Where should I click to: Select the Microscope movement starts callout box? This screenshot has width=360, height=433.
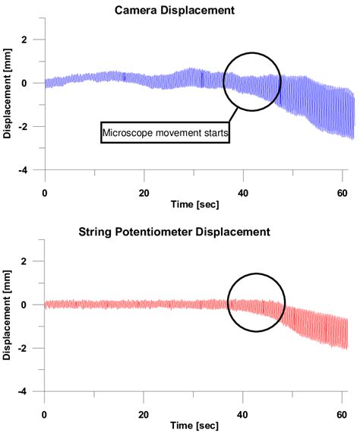pyautogui.click(x=165, y=133)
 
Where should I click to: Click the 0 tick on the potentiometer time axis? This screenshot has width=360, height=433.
pyautogui.click(x=45, y=416)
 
